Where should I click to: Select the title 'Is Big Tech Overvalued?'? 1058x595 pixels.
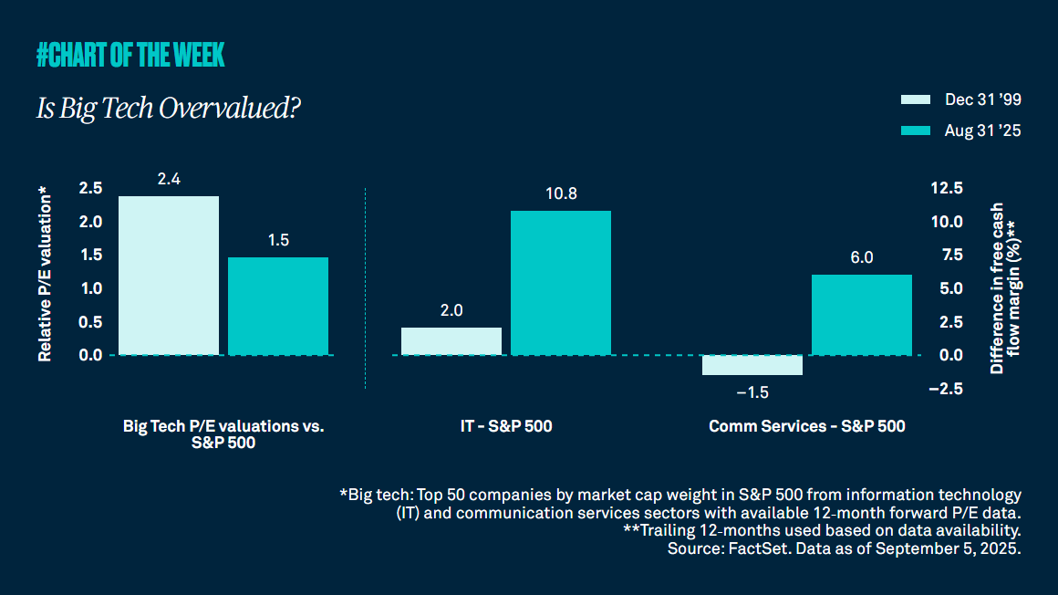click(169, 109)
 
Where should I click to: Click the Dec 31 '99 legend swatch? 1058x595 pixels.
click(915, 99)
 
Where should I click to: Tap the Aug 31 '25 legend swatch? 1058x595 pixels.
click(915, 130)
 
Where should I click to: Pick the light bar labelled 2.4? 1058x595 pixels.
click(169, 275)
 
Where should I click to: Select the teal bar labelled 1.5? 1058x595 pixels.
click(278, 306)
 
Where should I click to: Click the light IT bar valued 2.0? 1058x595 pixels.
click(451, 340)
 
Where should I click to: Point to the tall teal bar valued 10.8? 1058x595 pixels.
click(561, 282)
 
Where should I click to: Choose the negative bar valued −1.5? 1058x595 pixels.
click(752, 365)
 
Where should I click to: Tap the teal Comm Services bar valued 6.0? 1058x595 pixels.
click(862, 314)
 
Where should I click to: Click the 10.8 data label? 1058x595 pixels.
click(561, 194)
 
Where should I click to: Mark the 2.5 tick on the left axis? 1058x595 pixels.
click(90, 188)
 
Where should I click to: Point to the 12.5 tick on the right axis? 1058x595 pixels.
click(946, 188)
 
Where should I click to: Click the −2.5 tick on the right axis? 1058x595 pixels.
click(946, 389)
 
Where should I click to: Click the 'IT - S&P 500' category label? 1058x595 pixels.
click(506, 426)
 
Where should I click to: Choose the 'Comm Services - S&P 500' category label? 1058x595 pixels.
click(807, 426)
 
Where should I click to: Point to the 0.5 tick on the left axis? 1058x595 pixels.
click(90, 322)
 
